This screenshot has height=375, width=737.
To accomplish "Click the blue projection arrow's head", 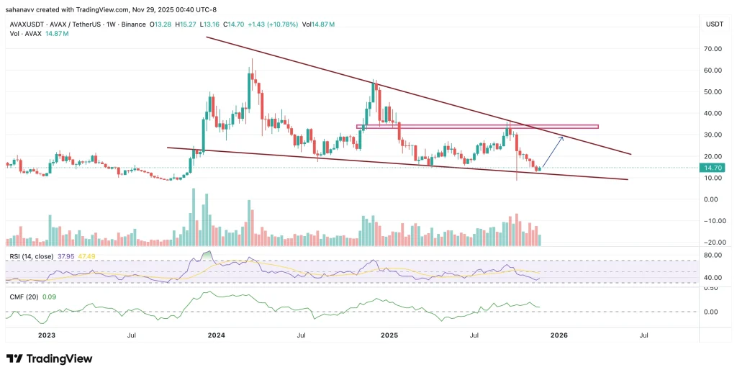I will (561, 137).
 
